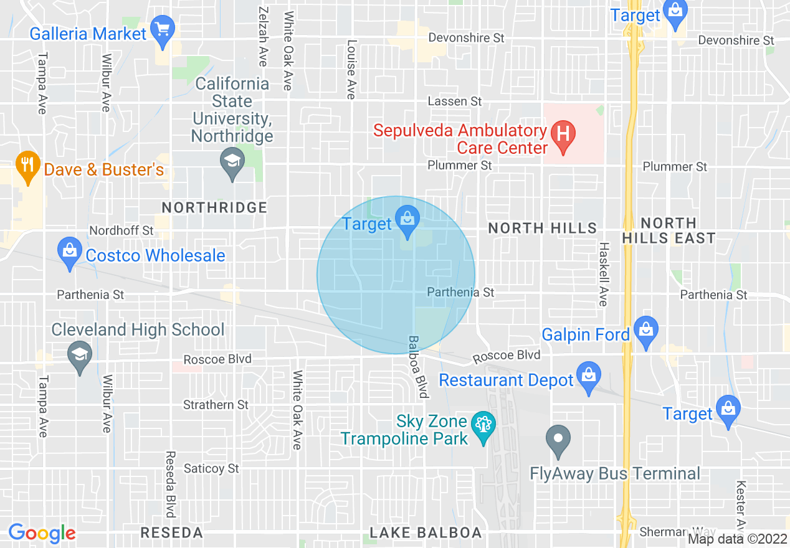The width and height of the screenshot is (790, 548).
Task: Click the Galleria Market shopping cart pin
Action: tap(163, 31)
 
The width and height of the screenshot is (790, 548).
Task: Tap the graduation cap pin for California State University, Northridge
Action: tap(232, 163)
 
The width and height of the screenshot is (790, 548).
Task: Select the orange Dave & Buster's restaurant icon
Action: tap(27, 166)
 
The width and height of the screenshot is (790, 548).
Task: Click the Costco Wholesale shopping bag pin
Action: tap(70, 252)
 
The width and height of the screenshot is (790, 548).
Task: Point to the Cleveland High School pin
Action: tap(80, 356)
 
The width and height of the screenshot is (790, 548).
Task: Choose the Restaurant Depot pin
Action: tap(589, 376)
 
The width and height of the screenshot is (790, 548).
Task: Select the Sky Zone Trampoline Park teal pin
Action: tap(483, 427)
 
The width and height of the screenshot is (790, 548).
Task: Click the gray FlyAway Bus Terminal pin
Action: tap(558, 440)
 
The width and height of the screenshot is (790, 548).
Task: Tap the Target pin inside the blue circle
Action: tap(408, 220)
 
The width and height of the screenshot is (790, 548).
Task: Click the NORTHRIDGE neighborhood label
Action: tap(214, 207)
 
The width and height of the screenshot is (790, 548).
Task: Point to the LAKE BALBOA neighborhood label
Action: tap(426, 532)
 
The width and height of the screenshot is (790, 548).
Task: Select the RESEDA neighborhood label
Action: tap(171, 532)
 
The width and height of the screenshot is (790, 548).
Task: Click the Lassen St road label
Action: tap(455, 101)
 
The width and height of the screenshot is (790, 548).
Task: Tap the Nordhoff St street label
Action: tap(121, 230)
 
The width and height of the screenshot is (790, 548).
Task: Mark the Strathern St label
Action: tap(216, 405)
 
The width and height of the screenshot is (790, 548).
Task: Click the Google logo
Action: tap(42, 533)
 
